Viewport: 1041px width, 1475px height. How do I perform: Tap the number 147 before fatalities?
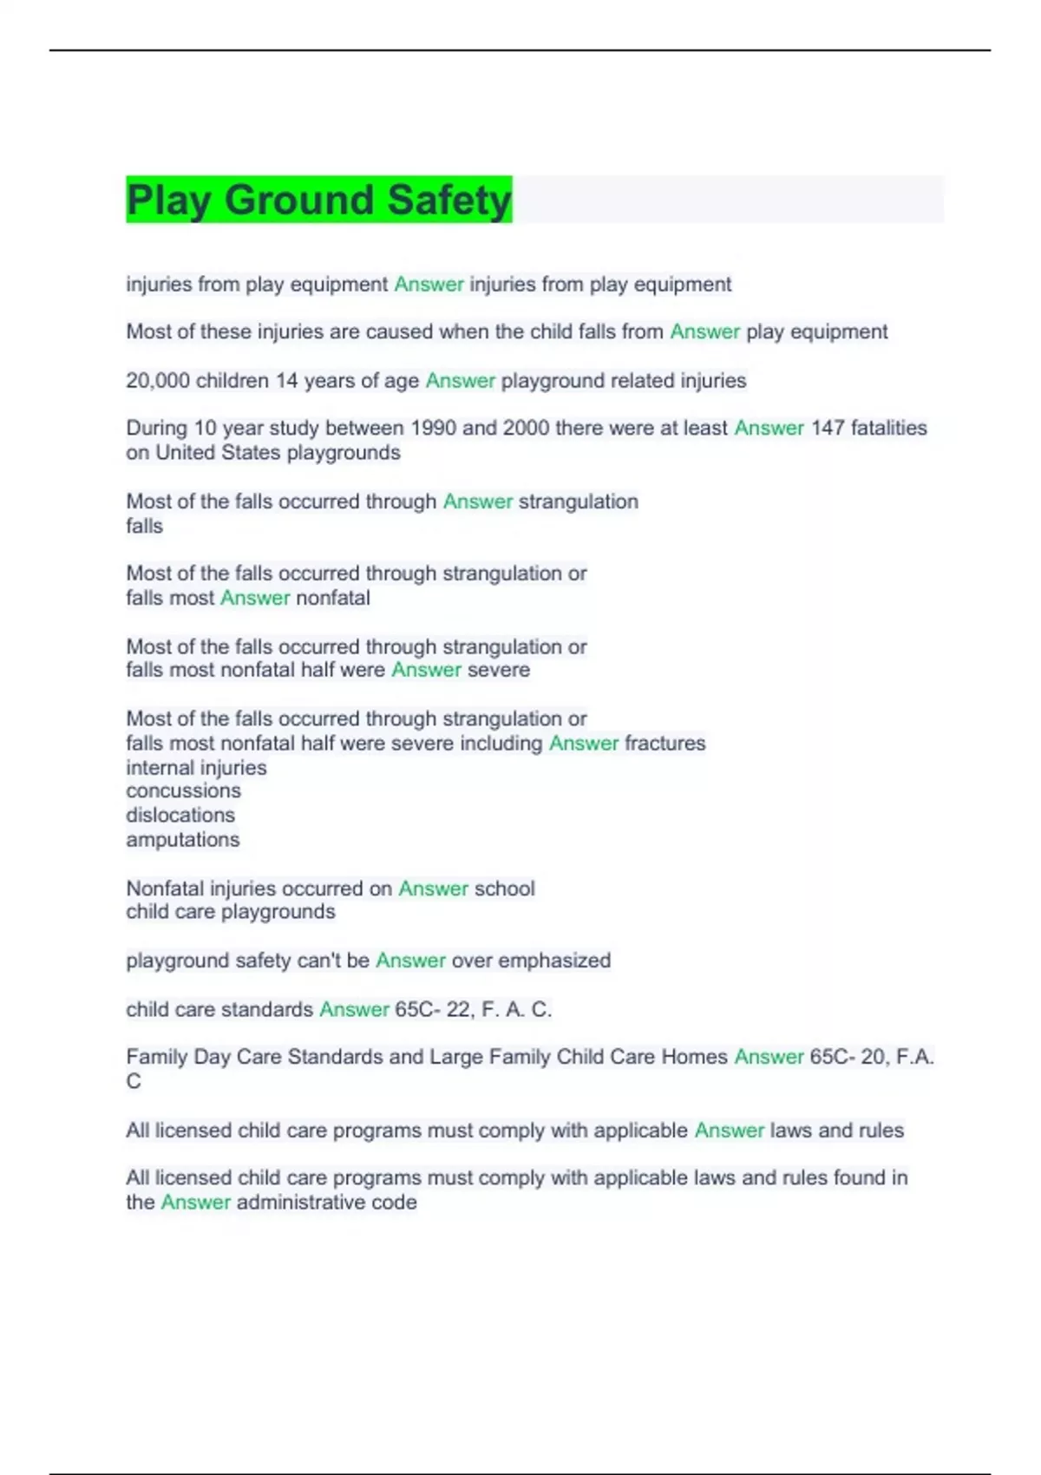(x=827, y=428)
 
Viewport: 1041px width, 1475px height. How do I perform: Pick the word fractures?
(x=665, y=743)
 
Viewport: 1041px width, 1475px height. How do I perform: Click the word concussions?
(x=183, y=790)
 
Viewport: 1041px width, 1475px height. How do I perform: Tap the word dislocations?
(x=180, y=815)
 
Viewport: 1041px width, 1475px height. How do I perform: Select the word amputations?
(x=182, y=839)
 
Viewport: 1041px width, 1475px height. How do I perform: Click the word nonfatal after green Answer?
(x=333, y=598)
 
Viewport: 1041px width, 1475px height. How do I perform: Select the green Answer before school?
(x=433, y=888)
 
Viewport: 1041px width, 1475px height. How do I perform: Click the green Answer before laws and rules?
(x=729, y=1131)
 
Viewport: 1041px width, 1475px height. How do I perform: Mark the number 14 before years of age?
(x=286, y=380)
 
